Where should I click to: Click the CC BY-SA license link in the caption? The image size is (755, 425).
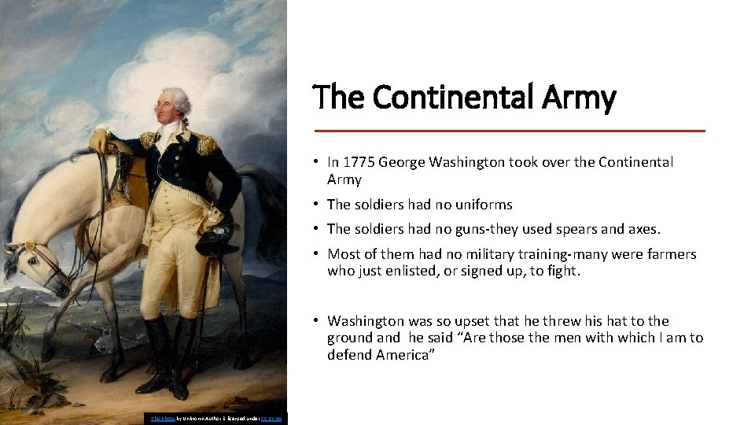point(273,419)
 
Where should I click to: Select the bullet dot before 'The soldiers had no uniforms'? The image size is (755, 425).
point(314,205)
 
